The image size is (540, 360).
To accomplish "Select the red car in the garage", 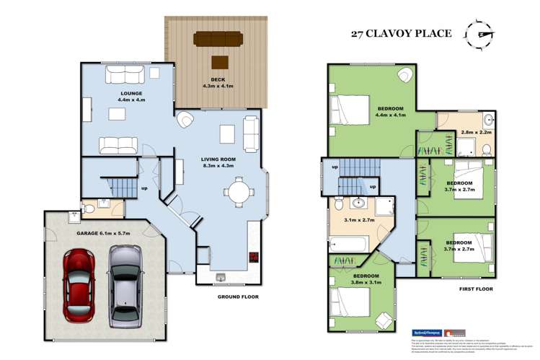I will point(79,284).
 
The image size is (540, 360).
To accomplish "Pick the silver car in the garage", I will point(124,283).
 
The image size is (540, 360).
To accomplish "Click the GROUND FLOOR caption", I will point(237,297).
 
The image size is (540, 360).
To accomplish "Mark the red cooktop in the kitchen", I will point(254,256).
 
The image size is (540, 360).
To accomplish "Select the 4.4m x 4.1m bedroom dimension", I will point(389,115).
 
